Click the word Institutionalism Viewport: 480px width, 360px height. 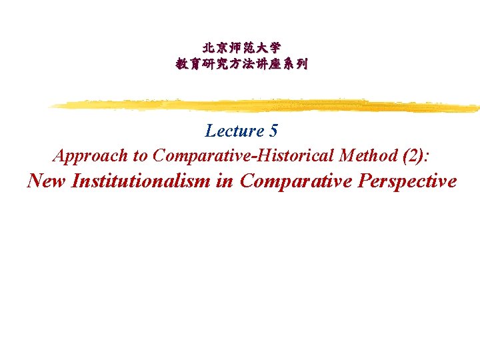pyautogui.click(x=139, y=181)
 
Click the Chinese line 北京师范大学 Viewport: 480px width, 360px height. pyautogui.click(x=241, y=48)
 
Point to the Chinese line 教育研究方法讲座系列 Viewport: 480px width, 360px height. pyautogui.click(x=241, y=65)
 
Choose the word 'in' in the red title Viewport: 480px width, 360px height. pyautogui.click(x=223, y=181)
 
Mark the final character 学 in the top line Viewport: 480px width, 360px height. pyautogui.click(x=275, y=48)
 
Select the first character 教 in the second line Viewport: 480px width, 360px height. pyautogui.click(x=181, y=65)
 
